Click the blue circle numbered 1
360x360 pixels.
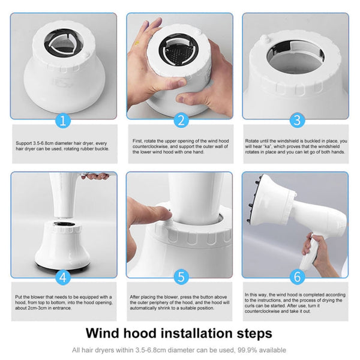point(64,121)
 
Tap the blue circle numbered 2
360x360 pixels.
point(179,121)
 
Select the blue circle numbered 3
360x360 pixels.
point(295,121)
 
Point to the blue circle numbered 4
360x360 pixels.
point(64,278)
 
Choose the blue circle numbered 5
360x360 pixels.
point(179,278)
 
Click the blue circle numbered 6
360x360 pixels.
point(295,278)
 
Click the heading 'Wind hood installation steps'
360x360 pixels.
point(179,332)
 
